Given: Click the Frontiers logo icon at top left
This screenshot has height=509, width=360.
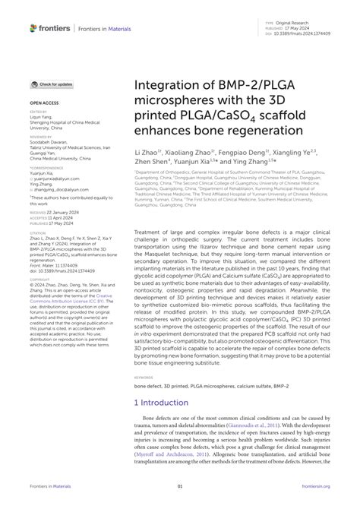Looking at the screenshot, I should [x=34, y=28].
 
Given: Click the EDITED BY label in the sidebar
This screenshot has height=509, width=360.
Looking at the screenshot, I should [x=38, y=110].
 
